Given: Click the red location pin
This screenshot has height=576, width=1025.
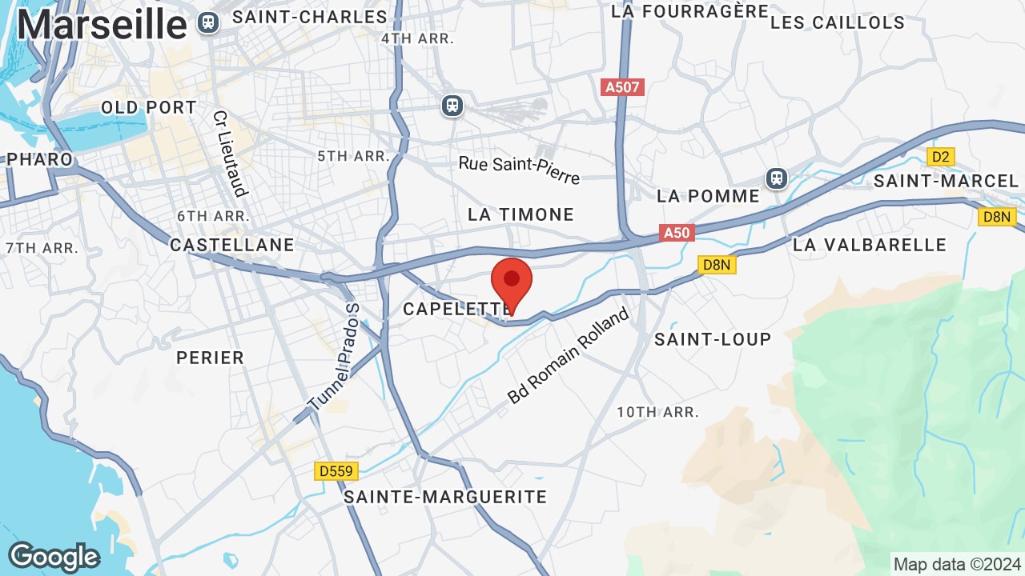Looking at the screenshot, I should [x=512, y=282].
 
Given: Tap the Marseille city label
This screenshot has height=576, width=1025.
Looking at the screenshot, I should [x=101, y=25].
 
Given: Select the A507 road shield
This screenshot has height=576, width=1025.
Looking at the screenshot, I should [x=622, y=87].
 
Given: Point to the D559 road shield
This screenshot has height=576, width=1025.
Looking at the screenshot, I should [x=336, y=471].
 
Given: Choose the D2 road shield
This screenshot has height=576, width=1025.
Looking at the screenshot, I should [x=941, y=157].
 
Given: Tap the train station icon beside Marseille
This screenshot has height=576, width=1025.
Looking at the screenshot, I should [x=208, y=23].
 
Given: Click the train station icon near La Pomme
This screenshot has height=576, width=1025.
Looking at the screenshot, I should [x=776, y=178].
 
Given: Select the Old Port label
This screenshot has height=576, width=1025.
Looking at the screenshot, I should [x=149, y=107].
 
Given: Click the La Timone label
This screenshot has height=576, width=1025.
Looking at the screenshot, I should [x=521, y=214].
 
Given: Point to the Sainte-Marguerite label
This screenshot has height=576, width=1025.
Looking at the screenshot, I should [x=445, y=497].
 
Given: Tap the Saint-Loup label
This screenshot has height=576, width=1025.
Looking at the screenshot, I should [x=713, y=339].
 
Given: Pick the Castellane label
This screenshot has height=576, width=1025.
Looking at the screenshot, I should [x=232, y=245].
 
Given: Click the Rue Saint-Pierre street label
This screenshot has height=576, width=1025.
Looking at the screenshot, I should [x=519, y=169].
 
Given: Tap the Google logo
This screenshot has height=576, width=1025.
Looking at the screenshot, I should [x=54, y=557].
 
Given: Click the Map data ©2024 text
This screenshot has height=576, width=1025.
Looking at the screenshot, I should [x=957, y=564].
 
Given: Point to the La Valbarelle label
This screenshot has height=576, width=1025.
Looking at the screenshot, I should [x=870, y=245].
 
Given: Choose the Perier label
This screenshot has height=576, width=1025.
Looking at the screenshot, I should [x=210, y=358].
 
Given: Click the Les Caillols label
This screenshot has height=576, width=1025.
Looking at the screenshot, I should [x=838, y=22].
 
